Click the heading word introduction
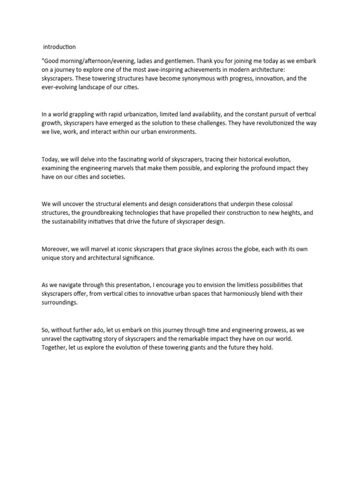[60, 47]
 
